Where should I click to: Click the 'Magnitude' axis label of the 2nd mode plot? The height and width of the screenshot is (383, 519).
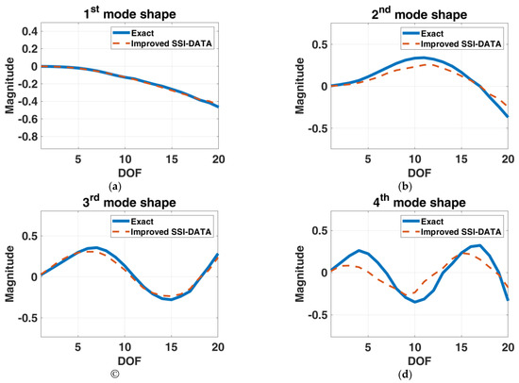tap(279, 85)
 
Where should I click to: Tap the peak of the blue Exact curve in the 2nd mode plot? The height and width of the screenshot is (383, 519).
tap(398, 58)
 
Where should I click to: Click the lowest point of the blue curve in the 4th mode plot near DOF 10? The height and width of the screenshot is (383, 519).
tap(387, 302)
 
